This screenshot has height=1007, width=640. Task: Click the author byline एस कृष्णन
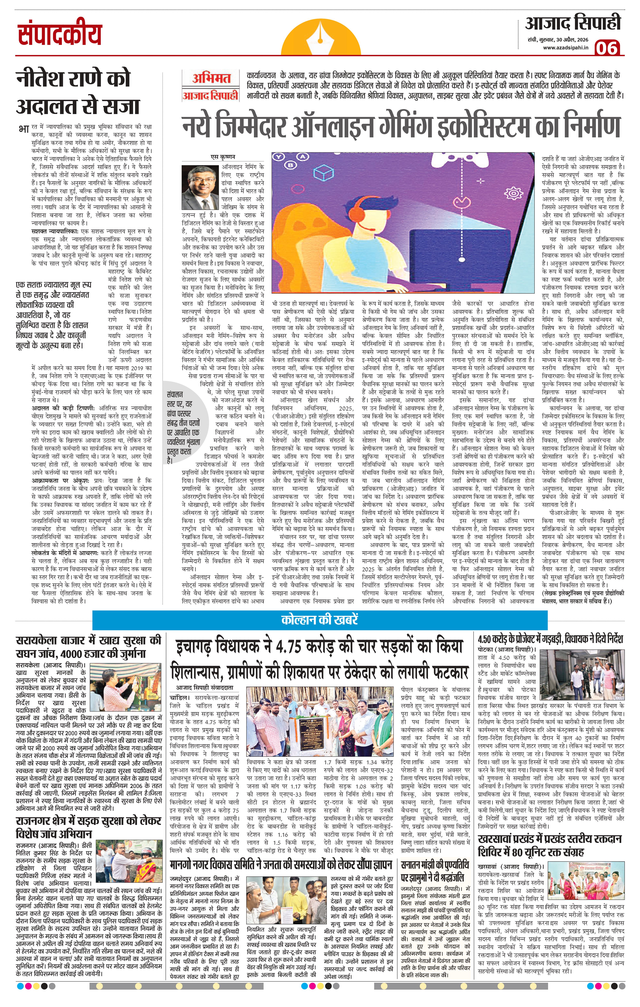223,157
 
